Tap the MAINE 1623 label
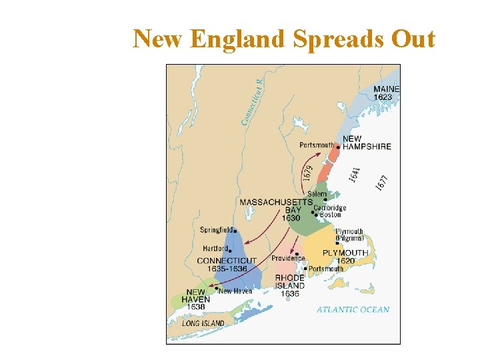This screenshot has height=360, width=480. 386,93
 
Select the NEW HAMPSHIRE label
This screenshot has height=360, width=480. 366,143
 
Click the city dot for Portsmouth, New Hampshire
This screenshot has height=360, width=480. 338,147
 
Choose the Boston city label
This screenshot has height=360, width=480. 331,215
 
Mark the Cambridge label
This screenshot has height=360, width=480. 330,207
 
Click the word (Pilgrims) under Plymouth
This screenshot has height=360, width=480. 349,238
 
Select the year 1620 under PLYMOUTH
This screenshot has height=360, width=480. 345,261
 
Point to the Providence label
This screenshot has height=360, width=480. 288,258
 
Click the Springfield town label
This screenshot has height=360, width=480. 216,230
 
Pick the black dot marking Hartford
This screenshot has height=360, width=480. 230,251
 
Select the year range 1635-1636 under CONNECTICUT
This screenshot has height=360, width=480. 227,269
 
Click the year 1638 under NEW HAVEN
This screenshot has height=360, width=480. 196,307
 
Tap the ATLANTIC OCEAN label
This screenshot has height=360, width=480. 353,309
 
